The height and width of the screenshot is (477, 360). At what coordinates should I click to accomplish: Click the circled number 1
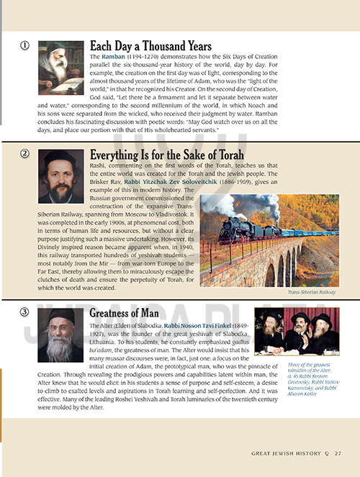(x=24, y=46)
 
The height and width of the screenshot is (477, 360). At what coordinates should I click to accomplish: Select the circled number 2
(x=24, y=153)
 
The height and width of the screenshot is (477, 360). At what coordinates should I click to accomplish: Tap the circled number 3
(x=24, y=312)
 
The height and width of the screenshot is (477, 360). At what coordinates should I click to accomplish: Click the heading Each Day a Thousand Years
(x=150, y=45)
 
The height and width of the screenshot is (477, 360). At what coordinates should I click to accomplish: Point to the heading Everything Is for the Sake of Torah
(x=166, y=155)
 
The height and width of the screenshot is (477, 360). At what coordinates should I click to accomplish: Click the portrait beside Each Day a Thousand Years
(x=61, y=68)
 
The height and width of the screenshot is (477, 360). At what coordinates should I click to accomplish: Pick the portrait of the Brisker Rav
(x=61, y=176)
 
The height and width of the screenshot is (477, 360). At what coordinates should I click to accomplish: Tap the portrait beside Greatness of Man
(x=61, y=336)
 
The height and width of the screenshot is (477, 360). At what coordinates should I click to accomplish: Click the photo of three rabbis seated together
(x=292, y=332)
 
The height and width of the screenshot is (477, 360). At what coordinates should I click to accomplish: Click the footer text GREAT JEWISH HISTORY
(x=286, y=454)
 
